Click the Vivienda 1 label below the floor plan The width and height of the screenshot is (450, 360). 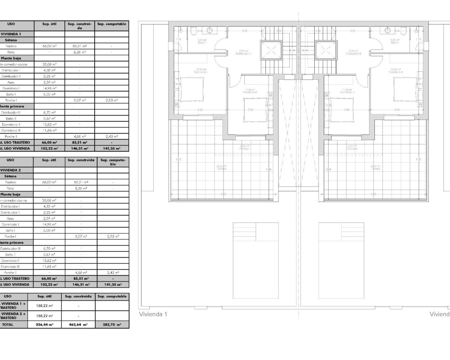tap(153, 314)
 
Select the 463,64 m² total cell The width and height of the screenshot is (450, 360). tap(78, 325)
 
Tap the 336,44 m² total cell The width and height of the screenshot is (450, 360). tap(44, 325)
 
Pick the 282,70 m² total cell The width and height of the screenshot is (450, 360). tap(112, 325)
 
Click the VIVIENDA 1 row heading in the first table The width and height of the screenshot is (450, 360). tap(11, 34)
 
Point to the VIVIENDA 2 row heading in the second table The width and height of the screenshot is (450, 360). tap(11, 170)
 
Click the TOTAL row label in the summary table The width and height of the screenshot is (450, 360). tap(8, 325)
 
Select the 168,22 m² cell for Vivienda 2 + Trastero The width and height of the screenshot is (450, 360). tap(44, 316)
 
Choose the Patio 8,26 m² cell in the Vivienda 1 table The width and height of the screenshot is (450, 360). tap(79, 52)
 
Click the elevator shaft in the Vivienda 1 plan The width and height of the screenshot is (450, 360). tap(271, 50)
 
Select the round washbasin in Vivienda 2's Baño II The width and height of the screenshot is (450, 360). tap(388, 30)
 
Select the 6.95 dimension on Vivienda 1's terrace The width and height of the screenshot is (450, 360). tap(224, 194)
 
